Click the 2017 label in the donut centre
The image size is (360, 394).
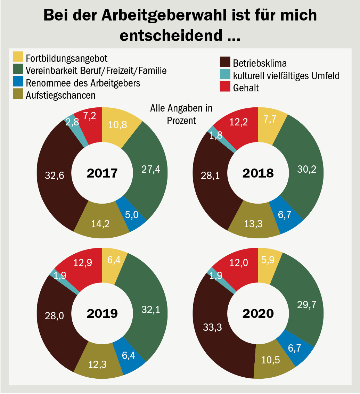coord(102,173)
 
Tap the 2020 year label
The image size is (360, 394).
coord(258,314)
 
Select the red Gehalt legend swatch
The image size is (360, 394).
coord(225,87)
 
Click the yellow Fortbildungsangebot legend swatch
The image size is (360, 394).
coord(18,57)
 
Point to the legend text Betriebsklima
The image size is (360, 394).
coord(260,63)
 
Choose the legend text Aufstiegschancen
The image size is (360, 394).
coord(60,96)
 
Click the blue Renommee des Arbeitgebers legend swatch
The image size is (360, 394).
coord(18,81)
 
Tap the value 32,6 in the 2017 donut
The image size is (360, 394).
coord(55,175)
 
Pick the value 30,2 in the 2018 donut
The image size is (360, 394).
coord(307,169)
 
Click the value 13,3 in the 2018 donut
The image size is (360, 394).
coord(253,224)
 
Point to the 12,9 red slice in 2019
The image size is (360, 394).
coord(83,266)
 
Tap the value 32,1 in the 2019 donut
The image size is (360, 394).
coord(150,310)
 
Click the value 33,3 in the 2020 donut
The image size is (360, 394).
coord(212,327)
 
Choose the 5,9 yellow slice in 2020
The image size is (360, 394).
coord(269,264)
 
